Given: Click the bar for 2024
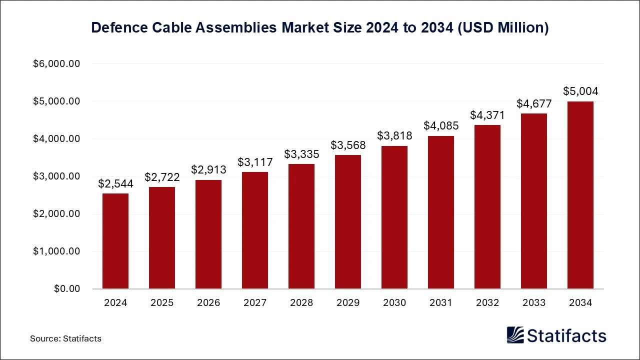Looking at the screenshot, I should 115,241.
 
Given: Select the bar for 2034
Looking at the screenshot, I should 580,195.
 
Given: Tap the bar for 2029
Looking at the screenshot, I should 348,222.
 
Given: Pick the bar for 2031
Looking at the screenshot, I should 441,212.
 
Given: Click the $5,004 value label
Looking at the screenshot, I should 580,91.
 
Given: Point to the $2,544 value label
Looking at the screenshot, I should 115,183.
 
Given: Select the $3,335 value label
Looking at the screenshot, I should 301,154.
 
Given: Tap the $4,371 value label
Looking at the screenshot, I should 487,115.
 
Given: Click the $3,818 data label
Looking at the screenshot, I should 394,135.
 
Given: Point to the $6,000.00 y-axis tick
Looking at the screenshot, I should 56,64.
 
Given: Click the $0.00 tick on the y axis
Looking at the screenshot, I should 67,289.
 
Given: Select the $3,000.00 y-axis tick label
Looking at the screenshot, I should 56,176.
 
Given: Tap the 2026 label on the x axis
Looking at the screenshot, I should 208,303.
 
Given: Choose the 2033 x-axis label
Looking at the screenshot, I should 534,303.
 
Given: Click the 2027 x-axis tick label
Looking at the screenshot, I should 255,303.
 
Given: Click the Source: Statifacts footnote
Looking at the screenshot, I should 65,338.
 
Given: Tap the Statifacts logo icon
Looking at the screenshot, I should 515,335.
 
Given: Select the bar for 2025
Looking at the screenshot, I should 162,238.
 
